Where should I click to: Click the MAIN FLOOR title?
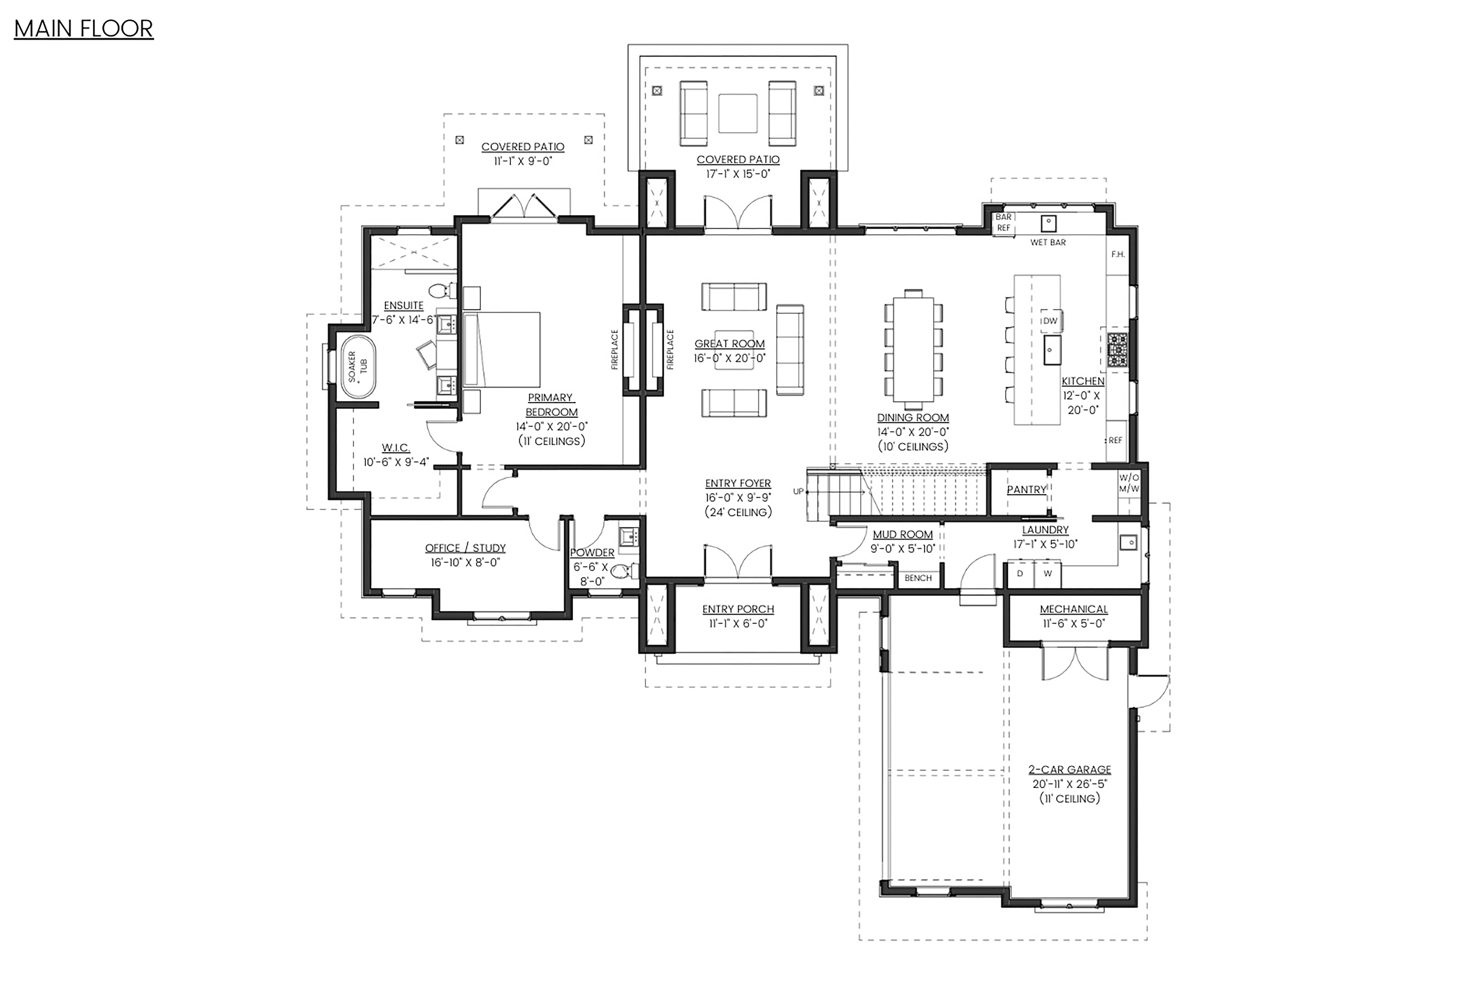pos(83,29)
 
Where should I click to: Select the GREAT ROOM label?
pos(729,344)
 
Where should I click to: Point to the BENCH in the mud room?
pos(918,578)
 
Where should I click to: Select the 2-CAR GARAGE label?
pos(1069,769)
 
